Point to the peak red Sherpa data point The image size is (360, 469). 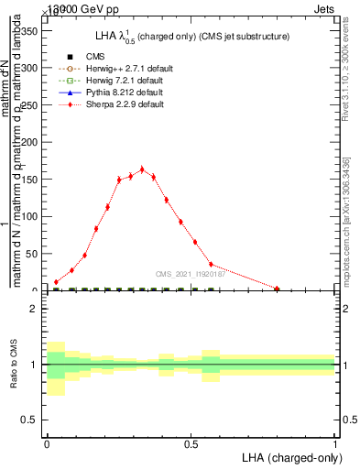(x=142, y=169)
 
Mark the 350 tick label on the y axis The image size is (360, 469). (x=28, y=30)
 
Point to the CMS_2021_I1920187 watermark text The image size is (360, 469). (x=190, y=273)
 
